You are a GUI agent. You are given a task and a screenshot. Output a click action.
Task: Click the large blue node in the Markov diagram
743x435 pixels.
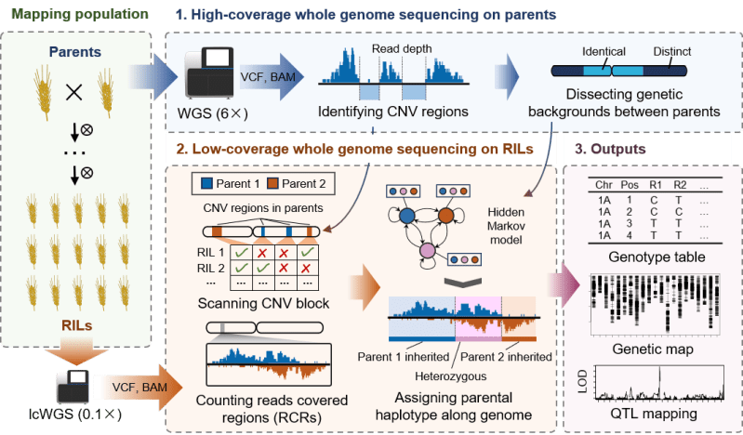(x=406, y=217)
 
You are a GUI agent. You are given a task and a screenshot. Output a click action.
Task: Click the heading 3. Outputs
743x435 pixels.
(x=610, y=149)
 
